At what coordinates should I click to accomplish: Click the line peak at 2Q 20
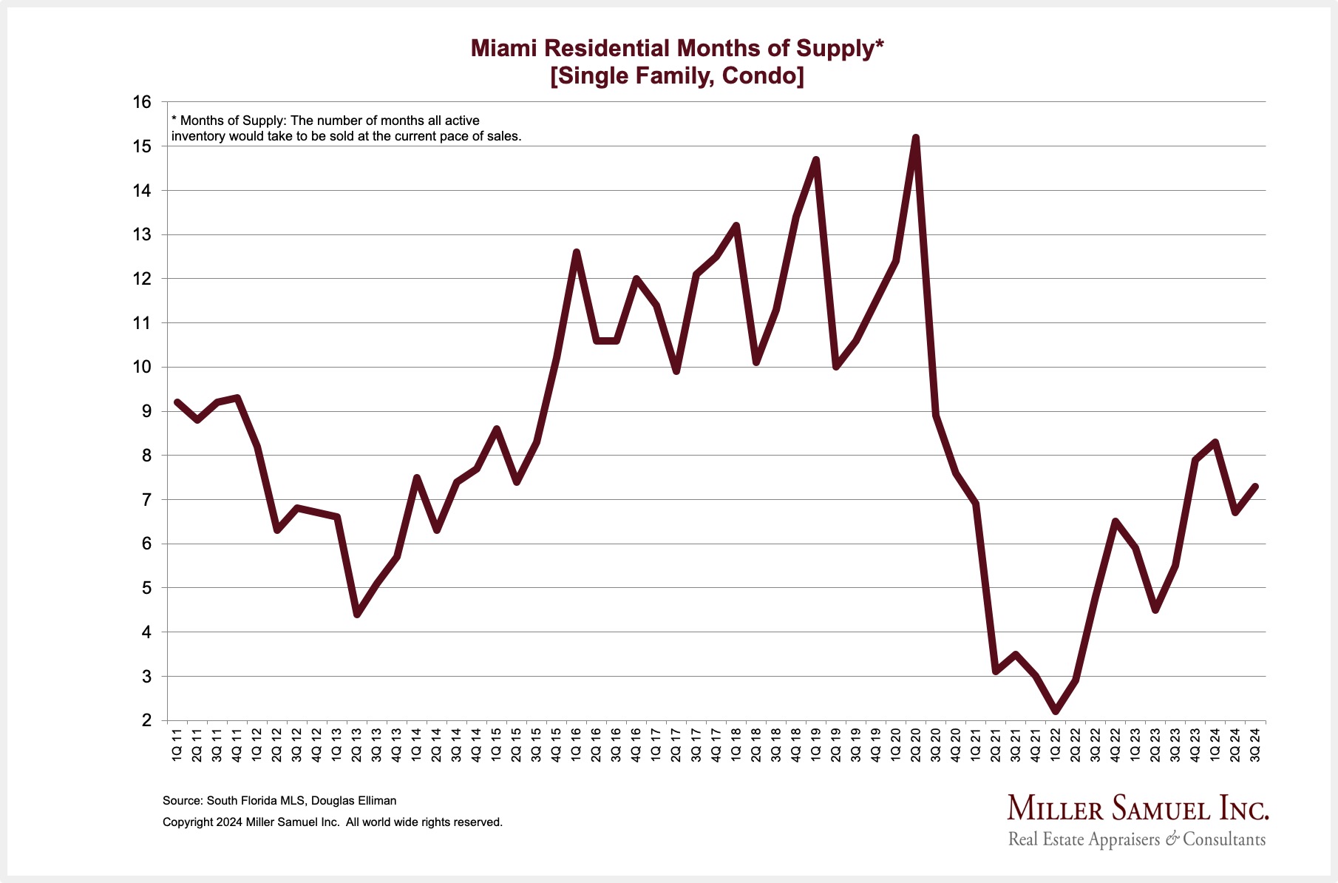coord(916,138)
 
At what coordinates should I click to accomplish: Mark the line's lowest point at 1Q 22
coord(1056,711)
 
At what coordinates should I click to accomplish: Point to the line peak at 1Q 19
coord(816,160)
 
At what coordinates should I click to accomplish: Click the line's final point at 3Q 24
coord(1255,486)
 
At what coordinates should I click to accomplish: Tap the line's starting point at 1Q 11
coord(177,402)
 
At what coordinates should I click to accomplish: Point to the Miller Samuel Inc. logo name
coord(1137,808)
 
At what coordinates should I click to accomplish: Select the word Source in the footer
coord(181,800)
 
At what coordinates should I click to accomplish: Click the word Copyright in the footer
coord(188,822)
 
